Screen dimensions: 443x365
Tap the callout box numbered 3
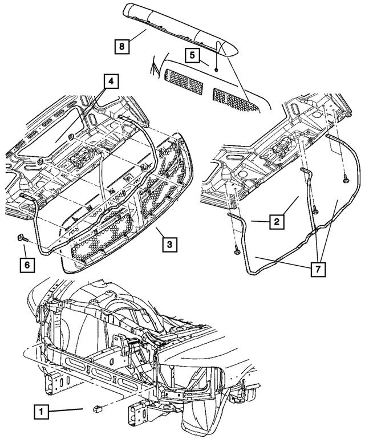169,245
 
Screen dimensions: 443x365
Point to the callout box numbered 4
111,82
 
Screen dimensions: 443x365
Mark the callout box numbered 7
317,267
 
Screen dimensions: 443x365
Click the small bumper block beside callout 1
97,408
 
